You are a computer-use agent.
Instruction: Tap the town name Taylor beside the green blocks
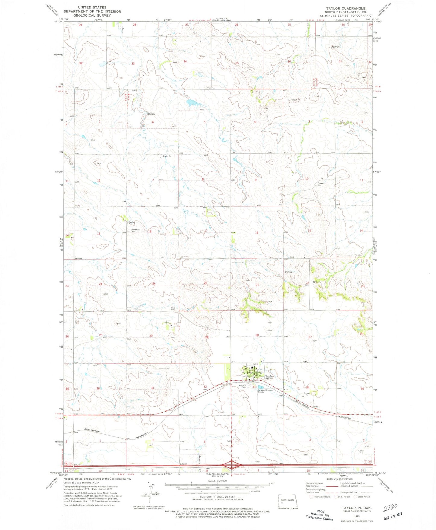[x=269, y=376]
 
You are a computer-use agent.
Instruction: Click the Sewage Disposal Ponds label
[x=265, y=391]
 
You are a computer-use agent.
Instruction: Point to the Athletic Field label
[x=243, y=386]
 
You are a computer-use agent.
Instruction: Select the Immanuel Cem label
[x=135, y=230]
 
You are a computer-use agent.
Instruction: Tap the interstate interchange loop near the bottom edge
[x=231, y=465]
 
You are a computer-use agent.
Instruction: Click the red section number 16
[x=257, y=233]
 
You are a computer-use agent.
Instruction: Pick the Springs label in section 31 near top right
[x=336, y=47]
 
